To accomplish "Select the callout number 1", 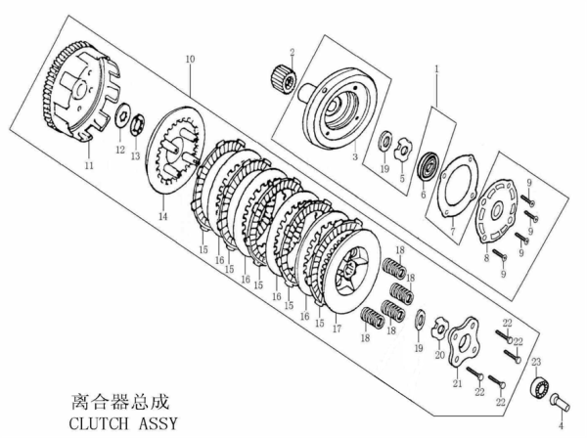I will click(x=437, y=70).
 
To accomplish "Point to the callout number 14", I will click(x=163, y=216).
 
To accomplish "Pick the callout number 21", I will click(x=457, y=385).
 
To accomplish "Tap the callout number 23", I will click(x=536, y=362).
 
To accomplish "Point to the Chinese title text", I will click(x=120, y=401).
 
